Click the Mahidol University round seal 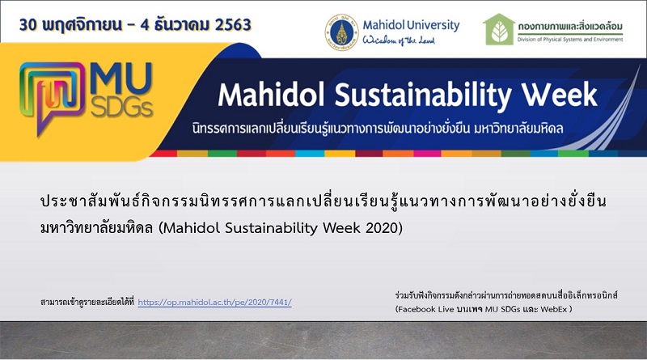(x=341, y=32)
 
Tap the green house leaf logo (x=499, y=29)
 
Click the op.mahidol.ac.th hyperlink (x=214, y=303)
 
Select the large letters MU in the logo (x=121, y=78)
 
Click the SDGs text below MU (x=122, y=108)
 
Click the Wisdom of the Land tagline (x=399, y=40)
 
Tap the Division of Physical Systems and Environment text (x=570, y=40)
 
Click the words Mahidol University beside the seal (x=411, y=25)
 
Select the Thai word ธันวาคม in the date (x=180, y=25)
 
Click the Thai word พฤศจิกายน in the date (x=82, y=25)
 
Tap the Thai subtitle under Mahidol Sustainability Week (x=378, y=129)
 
